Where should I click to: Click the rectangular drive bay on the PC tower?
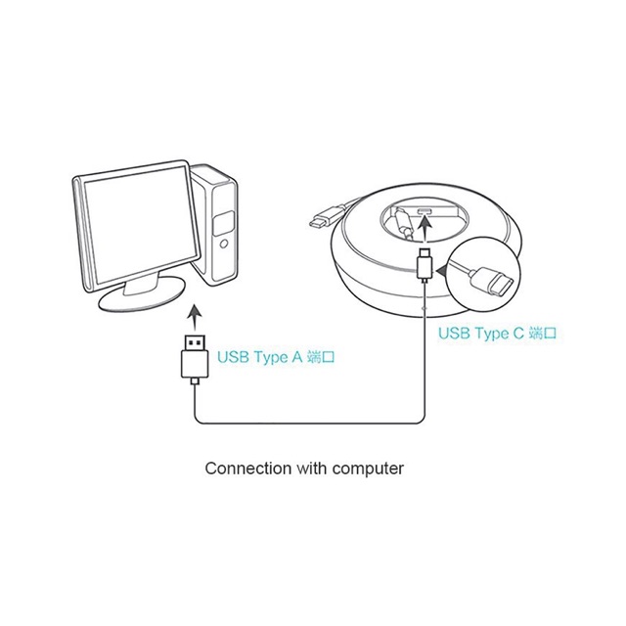[224, 217]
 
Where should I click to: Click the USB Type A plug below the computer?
[194, 359]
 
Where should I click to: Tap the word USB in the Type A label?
[233, 358]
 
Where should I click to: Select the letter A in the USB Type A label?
[296, 358]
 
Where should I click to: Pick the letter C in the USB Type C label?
[517, 334]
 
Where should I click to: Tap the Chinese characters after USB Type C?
[543, 334]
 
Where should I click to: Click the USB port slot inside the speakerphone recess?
[426, 212]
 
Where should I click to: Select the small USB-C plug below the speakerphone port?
[425, 264]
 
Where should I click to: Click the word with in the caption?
[309, 468]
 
